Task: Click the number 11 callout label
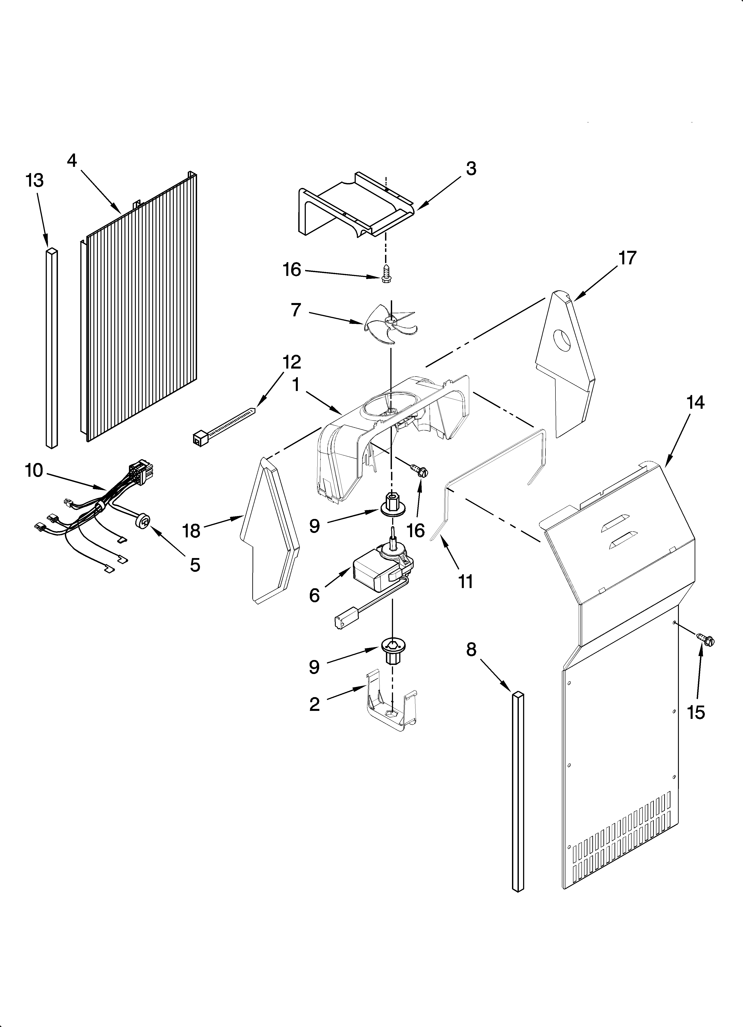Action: (x=466, y=581)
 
